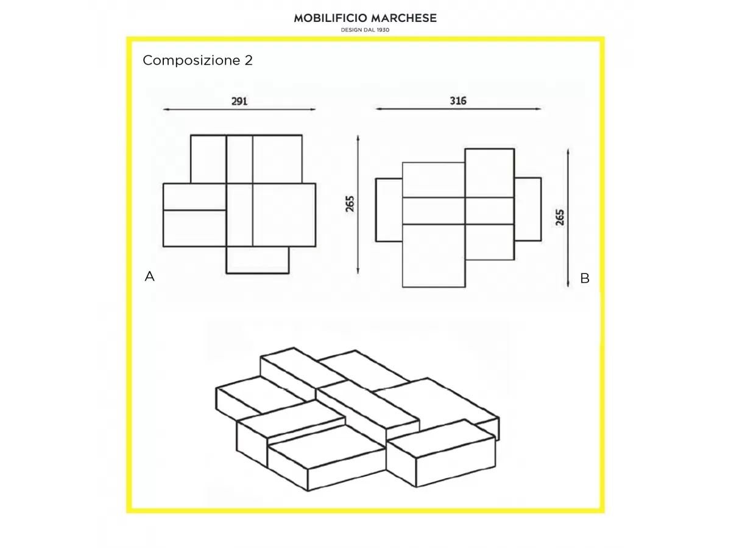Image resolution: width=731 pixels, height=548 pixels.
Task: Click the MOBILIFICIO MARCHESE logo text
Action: [365, 18]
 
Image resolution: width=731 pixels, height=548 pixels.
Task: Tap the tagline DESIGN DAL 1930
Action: [365, 30]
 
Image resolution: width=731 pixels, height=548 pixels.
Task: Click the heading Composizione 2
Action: [197, 60]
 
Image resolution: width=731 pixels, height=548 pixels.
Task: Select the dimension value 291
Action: [239, 101]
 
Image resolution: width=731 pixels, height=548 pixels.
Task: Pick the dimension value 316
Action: [458, 101]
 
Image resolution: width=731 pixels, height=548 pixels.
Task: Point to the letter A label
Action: [149, 276]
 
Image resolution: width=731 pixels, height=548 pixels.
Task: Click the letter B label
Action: [585, 278]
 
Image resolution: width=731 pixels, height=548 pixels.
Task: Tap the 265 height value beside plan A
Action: [350, 204]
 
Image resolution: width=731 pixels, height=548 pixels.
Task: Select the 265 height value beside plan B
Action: [560, 217]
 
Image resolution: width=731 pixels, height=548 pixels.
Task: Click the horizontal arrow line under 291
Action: [239, 109]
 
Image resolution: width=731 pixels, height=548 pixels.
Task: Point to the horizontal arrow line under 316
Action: [458, 109]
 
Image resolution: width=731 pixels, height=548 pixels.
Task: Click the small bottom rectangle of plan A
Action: [258, 260]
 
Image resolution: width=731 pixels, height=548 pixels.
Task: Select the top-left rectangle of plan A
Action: [208, 159]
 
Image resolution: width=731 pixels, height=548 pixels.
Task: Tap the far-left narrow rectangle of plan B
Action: [389, 210]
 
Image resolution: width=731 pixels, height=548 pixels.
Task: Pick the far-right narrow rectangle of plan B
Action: [528, 209]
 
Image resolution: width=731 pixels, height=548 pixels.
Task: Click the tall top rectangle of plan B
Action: [490, 173]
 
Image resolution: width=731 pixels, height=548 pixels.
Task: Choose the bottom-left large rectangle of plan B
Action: [434, 256]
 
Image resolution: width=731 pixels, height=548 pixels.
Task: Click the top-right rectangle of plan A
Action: [277, 159]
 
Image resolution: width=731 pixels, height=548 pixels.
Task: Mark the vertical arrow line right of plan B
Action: [568, 218]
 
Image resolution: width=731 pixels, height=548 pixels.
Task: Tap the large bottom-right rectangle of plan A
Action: [284, 215]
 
